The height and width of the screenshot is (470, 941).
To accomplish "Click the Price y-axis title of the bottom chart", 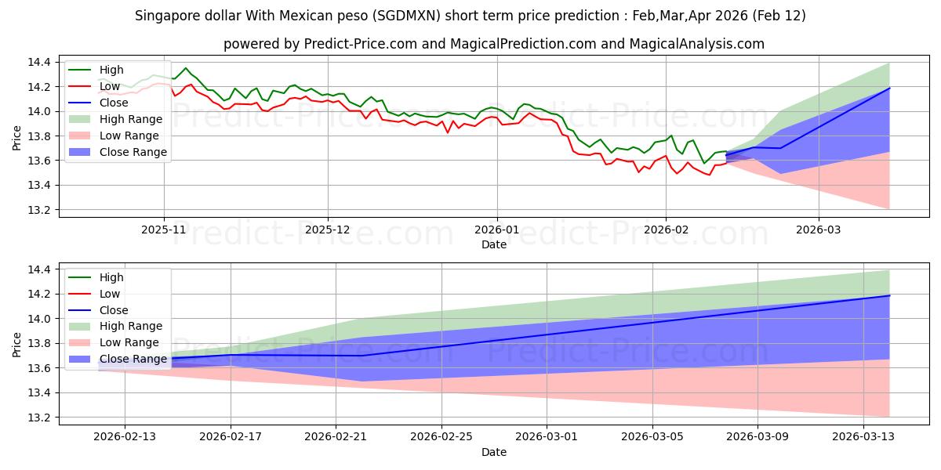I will click(17, 344).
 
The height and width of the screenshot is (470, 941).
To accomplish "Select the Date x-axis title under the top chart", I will click(494, 244).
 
